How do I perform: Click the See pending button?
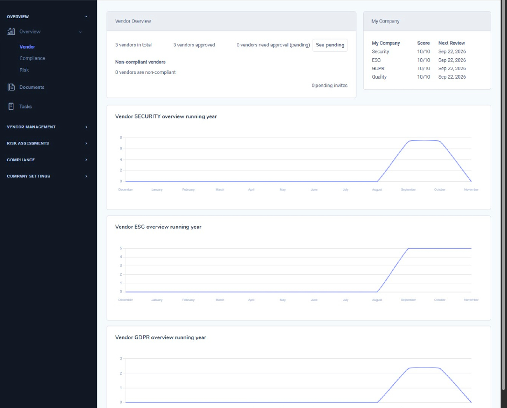click(x=330, y=45)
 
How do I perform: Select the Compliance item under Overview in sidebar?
click(x=32, y=58)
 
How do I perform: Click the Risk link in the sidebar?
click(x=24, y=70)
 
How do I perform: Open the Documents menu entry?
click(x=32, y=87)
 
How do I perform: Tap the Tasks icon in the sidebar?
click(x=11, y=106)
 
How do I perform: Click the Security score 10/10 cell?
click(x=423, y=52)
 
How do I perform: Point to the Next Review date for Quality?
click(x=452, y=77)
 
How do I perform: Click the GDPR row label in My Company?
click(x=378, y=68)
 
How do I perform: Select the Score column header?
click(x=423, y=43)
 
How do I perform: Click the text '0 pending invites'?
click(x=329, y=85)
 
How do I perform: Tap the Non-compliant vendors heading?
click(x=140, y=62)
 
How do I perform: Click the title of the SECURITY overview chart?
click(x=166, y=116)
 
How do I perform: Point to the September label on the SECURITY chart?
click(x=408, y=189)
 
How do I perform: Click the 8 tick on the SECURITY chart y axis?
click(x=121, y=137)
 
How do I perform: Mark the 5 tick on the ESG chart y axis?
click(x=121, y=248)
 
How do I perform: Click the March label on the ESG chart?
click(x=220, y=300)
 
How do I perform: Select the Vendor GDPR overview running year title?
click(x=160, y=337)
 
